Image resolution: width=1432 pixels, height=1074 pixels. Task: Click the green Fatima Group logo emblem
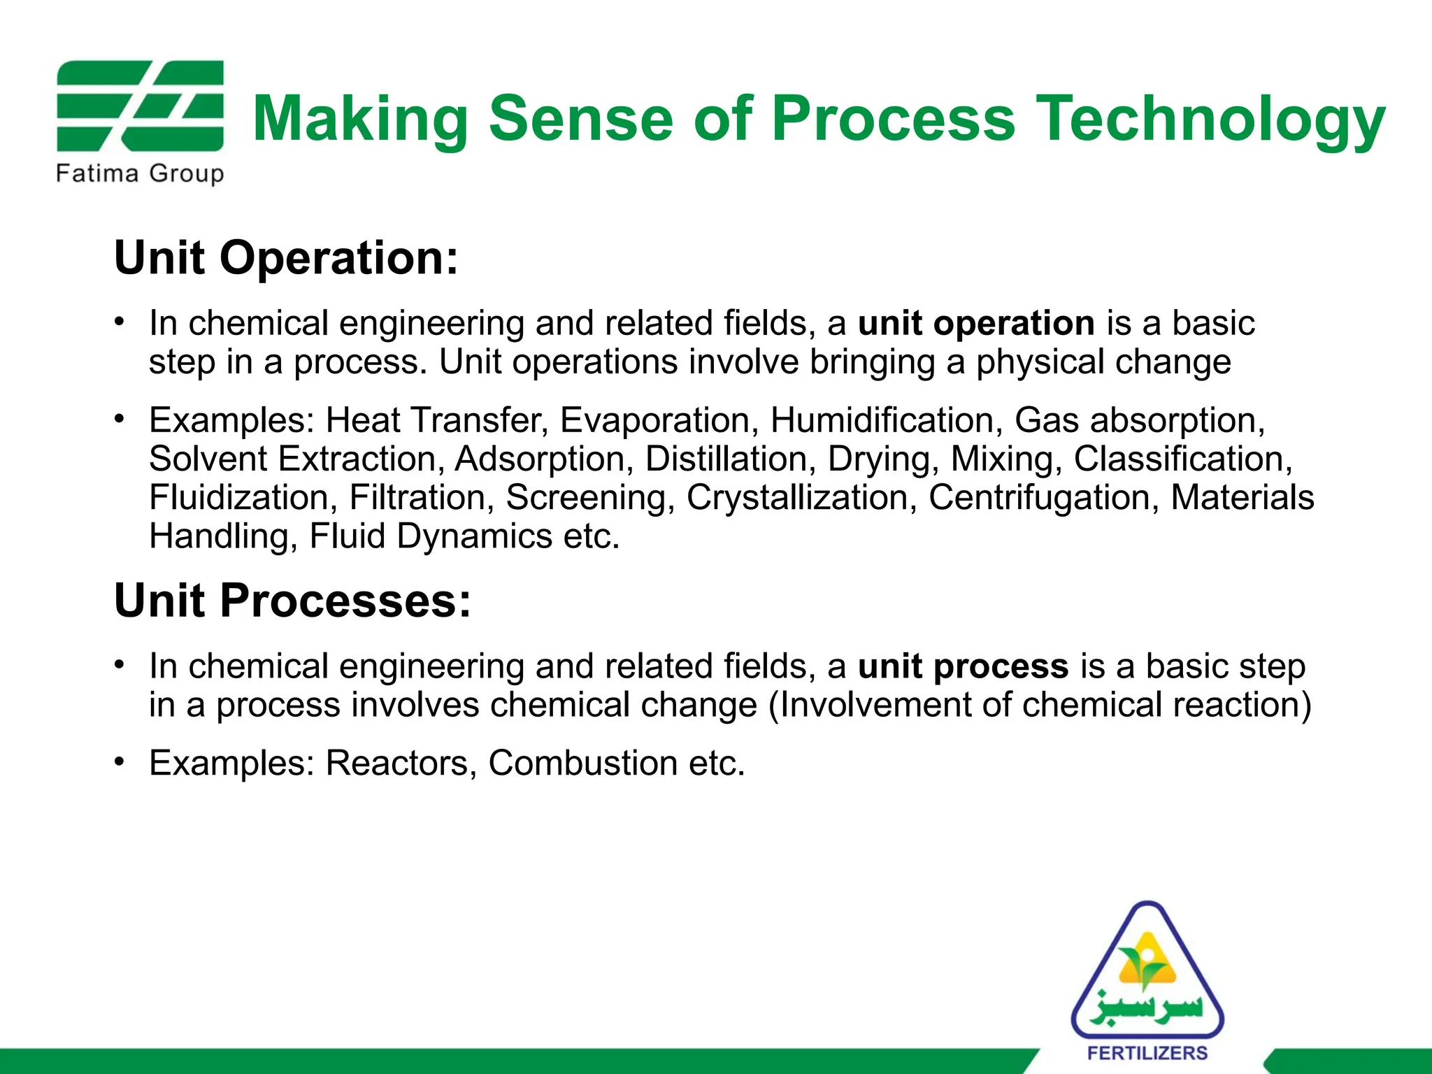[x=140, y=106]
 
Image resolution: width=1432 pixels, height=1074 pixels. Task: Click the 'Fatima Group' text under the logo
[x=140, y=173]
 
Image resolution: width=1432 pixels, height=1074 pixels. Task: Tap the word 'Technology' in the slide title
[x=1210, y=119]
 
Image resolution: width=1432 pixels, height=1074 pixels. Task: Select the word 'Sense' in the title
[x=580, y=119]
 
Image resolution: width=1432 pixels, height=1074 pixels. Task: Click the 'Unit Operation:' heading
[x=286, y=258]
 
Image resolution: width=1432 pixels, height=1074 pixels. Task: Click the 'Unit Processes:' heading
[x=292, y=601]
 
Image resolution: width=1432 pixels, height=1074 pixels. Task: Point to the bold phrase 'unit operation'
[x=976, y=323]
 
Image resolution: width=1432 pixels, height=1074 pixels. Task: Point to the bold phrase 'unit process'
[x=963, y=666]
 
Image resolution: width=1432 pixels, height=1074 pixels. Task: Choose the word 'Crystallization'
[x=801, y=498]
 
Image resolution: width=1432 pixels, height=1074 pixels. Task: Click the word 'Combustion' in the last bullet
[x=582, y=763]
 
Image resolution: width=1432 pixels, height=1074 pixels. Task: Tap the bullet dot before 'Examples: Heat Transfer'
[x=120, y=418]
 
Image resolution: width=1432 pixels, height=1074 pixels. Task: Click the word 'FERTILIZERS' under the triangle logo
[x=1147, y=1053]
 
